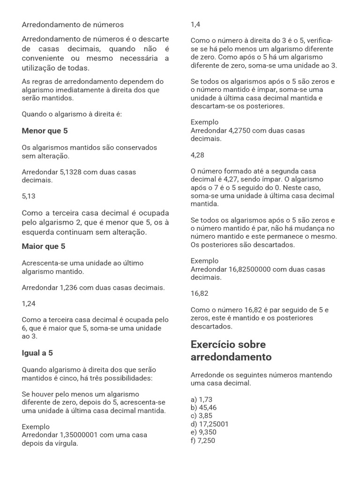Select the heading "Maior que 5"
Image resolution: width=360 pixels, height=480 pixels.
pyautogui.click(x=44, y=246)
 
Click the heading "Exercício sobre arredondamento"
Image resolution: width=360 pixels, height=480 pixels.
pyautogui.click(x=231, y=351)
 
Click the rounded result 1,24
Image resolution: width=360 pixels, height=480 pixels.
pyautogui.click(x=29, y=303)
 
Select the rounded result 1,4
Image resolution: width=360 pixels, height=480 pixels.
pyautogui.click(x=195, y=24)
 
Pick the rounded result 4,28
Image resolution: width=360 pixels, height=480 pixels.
pyautogui.click(x=197, y=155)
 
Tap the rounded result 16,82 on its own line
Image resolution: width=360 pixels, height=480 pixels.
pyautogui.click(x=200, y=293)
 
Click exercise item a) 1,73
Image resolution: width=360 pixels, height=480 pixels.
pyautogui.click(x=202, y=399)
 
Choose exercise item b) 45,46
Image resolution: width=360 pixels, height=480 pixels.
pyautogui.click(x=204, y=408)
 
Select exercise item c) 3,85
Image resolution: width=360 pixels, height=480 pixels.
pyautogui.click(x=202, y=416)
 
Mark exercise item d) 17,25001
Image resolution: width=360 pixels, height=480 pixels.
pyautogui.click(x=210, y=424)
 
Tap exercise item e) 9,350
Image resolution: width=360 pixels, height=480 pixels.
pyautogui.click(x=203, y=432)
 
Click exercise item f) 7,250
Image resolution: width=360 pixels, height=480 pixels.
pyautogui.click(x=203, y=441)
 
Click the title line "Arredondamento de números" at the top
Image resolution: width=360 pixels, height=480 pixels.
pyautogui.click(x=73, y=24)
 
